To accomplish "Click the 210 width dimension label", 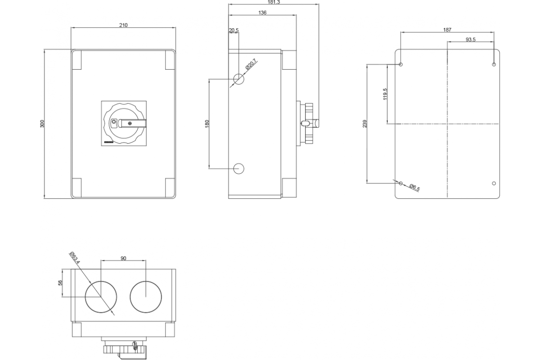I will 123,25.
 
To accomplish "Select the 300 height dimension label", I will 42,124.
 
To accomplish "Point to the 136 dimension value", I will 263,13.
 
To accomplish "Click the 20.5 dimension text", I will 234,31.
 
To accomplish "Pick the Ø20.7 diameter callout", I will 251,65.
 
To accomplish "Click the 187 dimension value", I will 447,30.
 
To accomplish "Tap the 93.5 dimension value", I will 471,40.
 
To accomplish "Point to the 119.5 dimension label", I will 385,94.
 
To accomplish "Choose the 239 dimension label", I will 365,123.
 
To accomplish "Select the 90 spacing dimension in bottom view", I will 123,258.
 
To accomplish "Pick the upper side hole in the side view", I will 239,80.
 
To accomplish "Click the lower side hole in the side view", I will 239,169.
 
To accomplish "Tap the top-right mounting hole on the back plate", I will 494,64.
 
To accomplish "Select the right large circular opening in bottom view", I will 146,297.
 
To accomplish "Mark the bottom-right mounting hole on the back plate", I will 494,183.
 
